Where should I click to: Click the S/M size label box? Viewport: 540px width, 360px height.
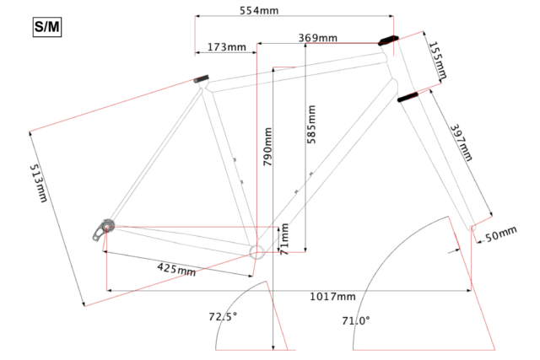click(47, 27)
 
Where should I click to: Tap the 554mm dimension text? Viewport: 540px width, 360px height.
click(259, 10)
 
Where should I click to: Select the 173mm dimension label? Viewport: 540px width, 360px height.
click(227, 47)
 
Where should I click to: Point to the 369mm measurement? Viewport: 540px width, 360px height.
click(317, 37)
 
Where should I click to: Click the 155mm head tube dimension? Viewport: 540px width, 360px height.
click(438, 60)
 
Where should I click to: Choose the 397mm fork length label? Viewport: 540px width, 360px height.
click(462, 142)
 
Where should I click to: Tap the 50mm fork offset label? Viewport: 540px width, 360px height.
click(501, 234)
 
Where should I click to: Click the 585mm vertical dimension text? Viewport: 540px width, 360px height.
click(311, 124)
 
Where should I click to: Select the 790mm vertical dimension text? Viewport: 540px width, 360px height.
click(267, 147)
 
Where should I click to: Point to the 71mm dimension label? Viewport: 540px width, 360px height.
click(284, 239)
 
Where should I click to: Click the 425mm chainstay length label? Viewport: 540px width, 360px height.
click(176, 270)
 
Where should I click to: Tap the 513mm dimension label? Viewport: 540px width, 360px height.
click(38, 183)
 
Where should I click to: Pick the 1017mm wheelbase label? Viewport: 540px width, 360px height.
click(332, 296)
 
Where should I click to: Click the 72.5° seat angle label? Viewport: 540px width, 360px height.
click(223, 316)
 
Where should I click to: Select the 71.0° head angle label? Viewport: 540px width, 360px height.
click(356, 320)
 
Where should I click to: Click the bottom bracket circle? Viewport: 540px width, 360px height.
click(256, 252)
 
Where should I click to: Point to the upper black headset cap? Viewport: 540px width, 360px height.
click(388, 40)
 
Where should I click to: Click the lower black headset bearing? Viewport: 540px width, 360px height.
click(408, 97)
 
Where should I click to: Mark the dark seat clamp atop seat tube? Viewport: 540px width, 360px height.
click(201, 79)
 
